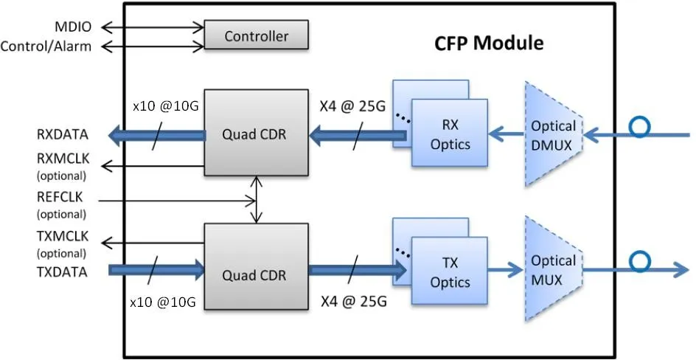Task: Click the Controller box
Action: pos(256,35)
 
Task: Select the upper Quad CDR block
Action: pos(256,134)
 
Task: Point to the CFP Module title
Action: pos(487,43)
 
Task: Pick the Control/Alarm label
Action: pos(46,47)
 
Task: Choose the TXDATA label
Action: pos(62,271)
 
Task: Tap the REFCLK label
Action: pos(61,198)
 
